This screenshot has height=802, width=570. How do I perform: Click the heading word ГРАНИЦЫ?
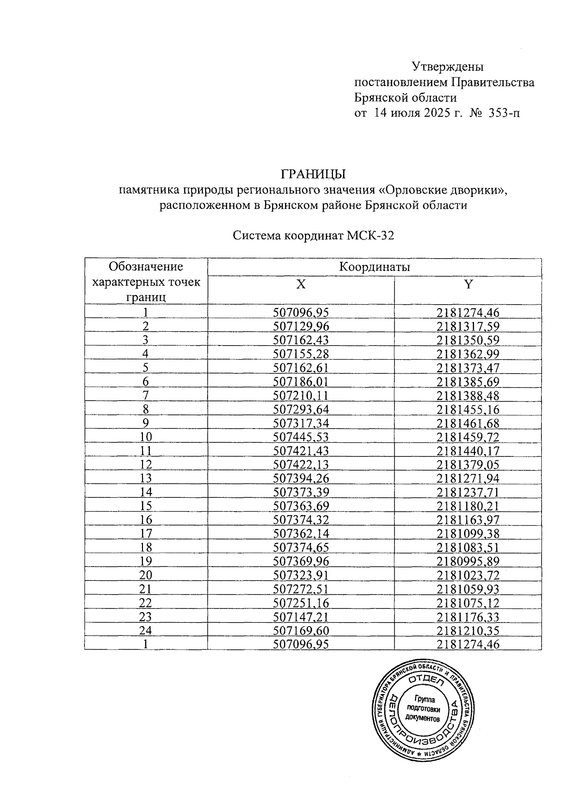(x=313, y=174)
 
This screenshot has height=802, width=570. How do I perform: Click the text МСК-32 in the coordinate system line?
(x=370, y=236)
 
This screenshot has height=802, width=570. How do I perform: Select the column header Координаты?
(x=374, y=267)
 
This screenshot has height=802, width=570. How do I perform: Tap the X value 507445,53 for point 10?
(x=301, y=437)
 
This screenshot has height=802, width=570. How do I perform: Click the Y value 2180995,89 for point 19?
(x=468, y=561)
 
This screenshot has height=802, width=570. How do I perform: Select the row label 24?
(x=146, y=631)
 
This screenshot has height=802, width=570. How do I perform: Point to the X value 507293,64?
(x=301, y=409)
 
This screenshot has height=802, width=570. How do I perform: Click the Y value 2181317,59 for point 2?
(x=468, y=326)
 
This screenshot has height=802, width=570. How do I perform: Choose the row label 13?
(x=146, y=478)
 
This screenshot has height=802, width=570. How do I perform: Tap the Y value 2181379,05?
(x=468, y=465)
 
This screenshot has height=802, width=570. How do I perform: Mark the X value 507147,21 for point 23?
(x=301, y=617)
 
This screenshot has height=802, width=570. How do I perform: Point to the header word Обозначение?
(x=146, y=266)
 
